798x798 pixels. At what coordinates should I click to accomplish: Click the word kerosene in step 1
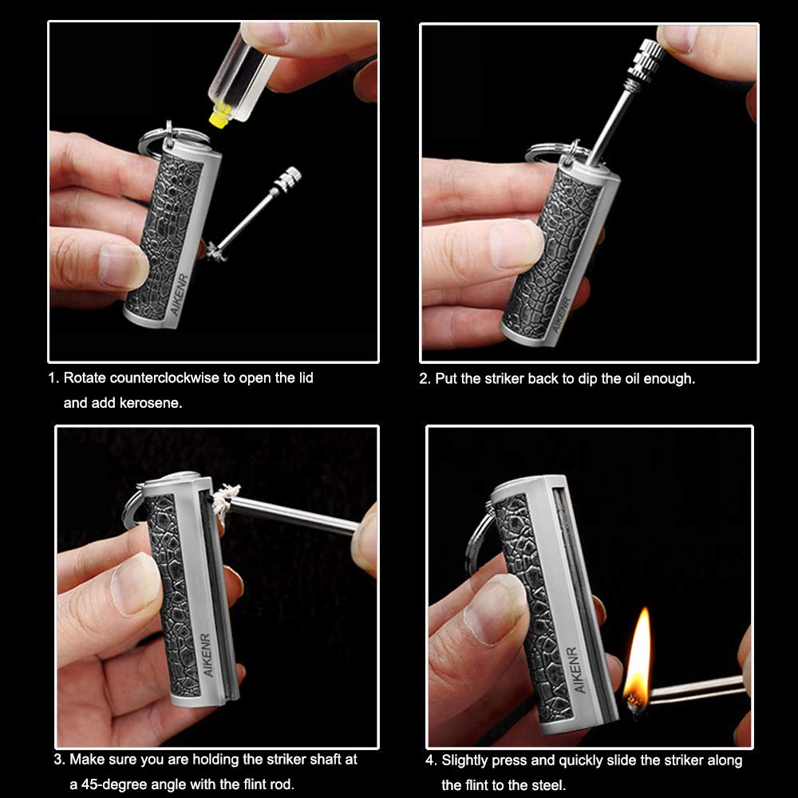[x=147, y=403]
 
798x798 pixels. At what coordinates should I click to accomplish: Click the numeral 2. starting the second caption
[x=425, y=378]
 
